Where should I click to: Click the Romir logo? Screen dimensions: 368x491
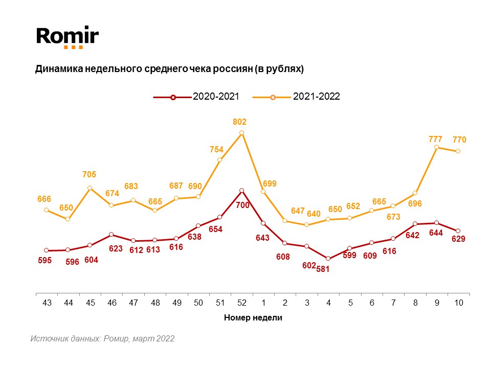pos(67,37)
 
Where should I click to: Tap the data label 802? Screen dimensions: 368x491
pos(239,122)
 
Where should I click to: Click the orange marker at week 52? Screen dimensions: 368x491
pos(241,133)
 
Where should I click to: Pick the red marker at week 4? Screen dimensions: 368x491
pos(328,259)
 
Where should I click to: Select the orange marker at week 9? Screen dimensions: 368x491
pos(436,147)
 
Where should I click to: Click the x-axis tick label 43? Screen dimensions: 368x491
pos(47,303)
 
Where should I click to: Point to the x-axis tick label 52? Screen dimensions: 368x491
pos(241,303)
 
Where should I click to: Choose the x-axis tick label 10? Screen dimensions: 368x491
pos(458,303)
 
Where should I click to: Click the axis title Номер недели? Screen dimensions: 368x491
pos(253,318)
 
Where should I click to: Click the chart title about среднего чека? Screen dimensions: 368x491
pos(169,69)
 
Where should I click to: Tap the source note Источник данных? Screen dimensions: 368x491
pos(102,338)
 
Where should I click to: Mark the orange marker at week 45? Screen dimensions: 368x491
pos(90,188)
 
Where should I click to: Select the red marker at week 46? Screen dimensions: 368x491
pos(111,235)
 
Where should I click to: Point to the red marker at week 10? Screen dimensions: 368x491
pos(458,231)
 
